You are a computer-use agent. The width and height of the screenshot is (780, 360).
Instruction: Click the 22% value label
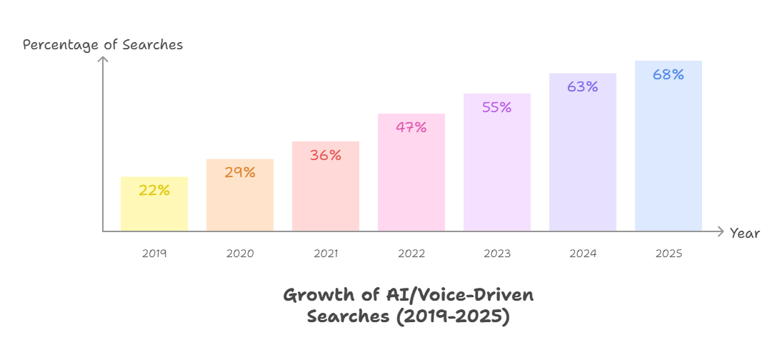pyautogui.click(x=154, y=190)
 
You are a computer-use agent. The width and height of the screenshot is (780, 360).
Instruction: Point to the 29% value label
pyautogui.click(x=240, y=172)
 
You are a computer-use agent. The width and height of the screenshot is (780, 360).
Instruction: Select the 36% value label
pyautogui.click(x=326, y=155)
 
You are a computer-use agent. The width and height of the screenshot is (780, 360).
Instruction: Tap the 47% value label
pyautogui.click(x=411, y=127)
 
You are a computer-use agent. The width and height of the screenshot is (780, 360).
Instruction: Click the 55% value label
pyautogui.click(x=497, y=107)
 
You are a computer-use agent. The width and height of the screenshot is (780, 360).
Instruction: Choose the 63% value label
pyautogui.click(x=583, y=86)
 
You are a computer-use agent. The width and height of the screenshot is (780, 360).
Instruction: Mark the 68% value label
pyautogui.click(x=669, y=74)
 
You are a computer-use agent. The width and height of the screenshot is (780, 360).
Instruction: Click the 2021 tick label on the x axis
pyautogui.click(x=326, y=254)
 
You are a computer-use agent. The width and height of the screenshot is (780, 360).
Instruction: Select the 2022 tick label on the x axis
pyautogui.click(x=411, y=254)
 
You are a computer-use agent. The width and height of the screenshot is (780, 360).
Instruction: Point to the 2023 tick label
pyautogui.click(x=497, y=254)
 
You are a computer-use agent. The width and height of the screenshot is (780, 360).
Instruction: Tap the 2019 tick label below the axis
pyautogui.click(x=154, y=254)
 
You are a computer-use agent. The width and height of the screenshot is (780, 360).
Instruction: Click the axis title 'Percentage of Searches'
pyautogui.click(x=103, y=45)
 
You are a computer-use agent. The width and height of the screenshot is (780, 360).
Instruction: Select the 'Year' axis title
pyautogui.click(x=745, y=234)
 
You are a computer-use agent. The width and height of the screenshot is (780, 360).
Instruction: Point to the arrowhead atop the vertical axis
pyautogui.click(x=103, y=59)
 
